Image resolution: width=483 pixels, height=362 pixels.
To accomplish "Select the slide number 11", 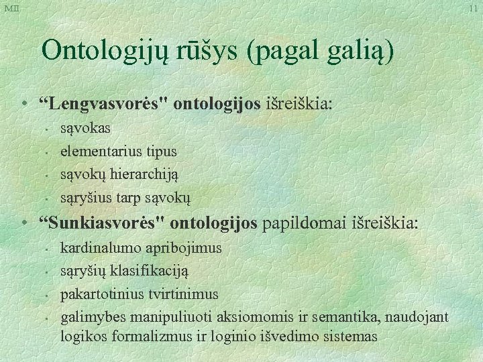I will (474, 8).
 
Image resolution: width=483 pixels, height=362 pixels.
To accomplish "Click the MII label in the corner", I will (11, 8).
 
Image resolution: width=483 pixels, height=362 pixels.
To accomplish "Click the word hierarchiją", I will (145, 174).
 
